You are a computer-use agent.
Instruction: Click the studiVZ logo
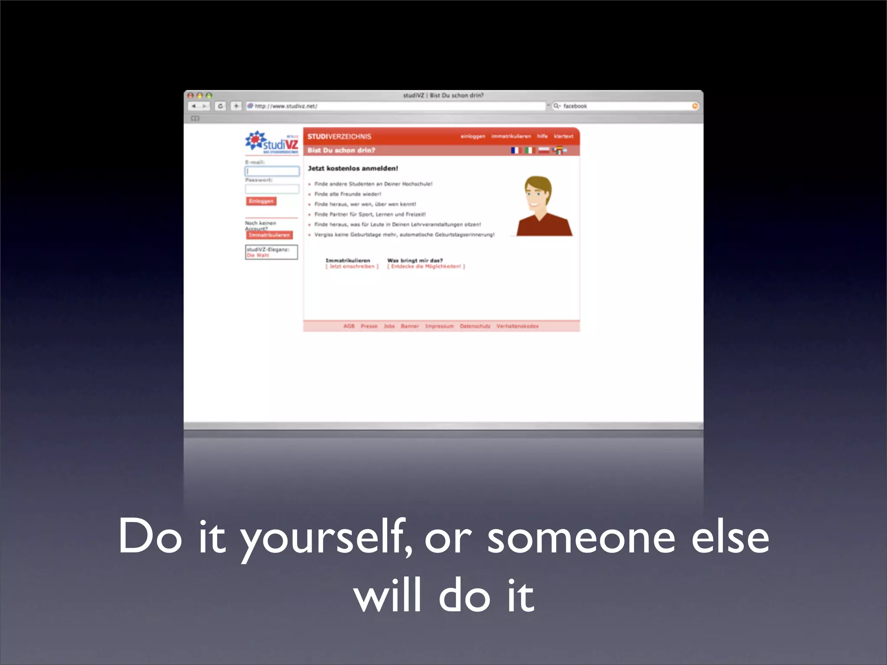pyautogui.click(x=272, y=142)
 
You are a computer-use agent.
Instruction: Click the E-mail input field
pyautogui.click(x=272, y=171)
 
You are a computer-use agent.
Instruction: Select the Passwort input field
pyautogui.click(x=272, y=189)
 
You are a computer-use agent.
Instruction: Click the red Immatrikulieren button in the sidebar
pyautogui.click(x=269, y=235)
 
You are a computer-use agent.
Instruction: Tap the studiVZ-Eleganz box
pyautogui.click(x=271, y=252)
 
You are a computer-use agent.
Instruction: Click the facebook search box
pyautogui.click(x=624, y=106)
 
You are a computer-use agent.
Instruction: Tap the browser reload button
pyautogui.click(x=220, y=106)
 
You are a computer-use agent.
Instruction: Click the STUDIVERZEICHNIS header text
pyautogui.click(x=339, y=137)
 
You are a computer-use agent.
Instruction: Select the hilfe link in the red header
pyautogui.click(x=542, y=136)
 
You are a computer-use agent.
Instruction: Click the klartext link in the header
pyautogui.click(x=563, y=136)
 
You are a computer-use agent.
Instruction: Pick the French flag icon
pyautogui.click(x=515, y=150)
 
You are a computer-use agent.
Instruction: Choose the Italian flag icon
pyautogui.click(x=529, y=150)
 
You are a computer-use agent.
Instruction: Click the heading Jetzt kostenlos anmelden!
pyautogui.click(x=353, y=168)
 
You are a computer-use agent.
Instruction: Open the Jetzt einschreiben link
pyautogui.click(x=352, y=267)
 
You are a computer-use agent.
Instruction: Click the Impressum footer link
pyautogui.click(x=439, y=326)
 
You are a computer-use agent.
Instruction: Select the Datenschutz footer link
pyautogui.click(x=475, y=326)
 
